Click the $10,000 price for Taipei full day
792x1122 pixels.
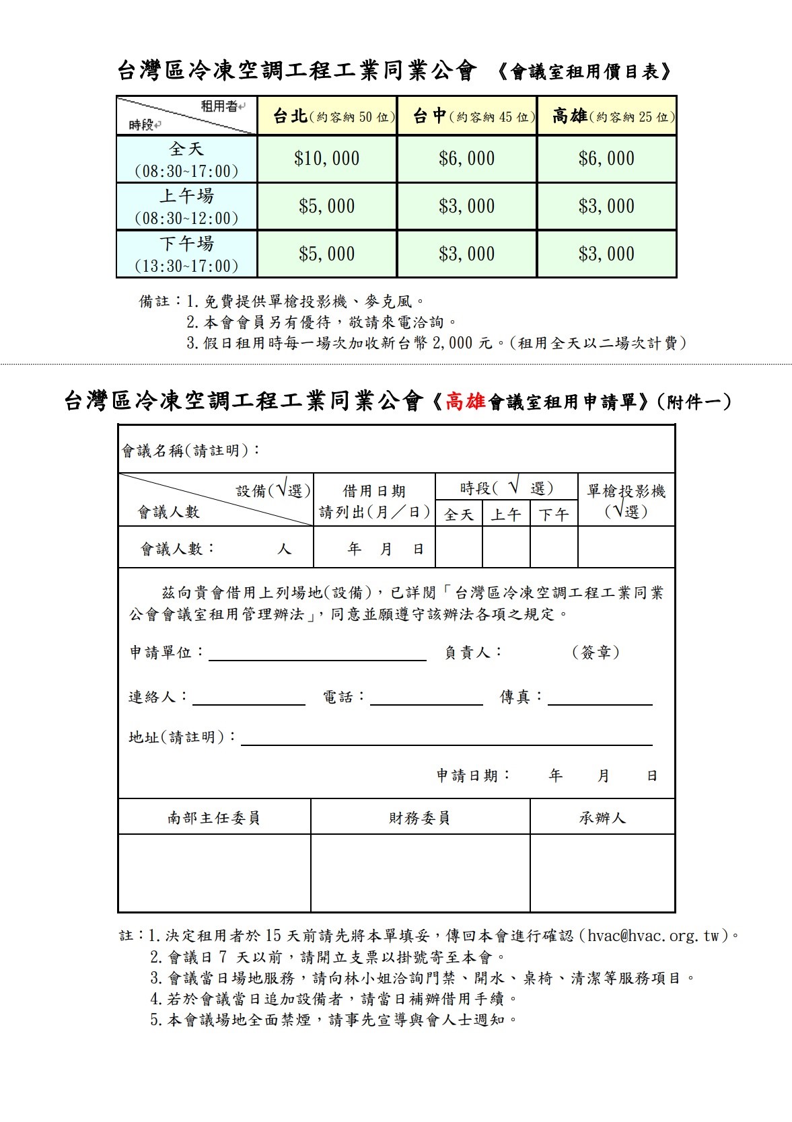(x=326, y=159)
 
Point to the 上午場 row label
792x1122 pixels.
(x=186, y=196)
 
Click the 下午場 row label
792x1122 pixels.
(x=186, y=244)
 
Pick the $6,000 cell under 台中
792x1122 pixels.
(x=467, y=159)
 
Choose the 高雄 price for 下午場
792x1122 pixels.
(x=607, y=254)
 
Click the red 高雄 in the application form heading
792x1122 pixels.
(x=466, y=402)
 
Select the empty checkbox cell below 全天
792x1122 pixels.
(x=459, y=548)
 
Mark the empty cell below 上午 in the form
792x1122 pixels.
(x=506, y=548)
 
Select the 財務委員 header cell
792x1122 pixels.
(x=419, y=818)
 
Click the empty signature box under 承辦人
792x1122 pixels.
(x=602, y=873)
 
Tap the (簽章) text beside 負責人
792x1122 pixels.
(x=596, y=652)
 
